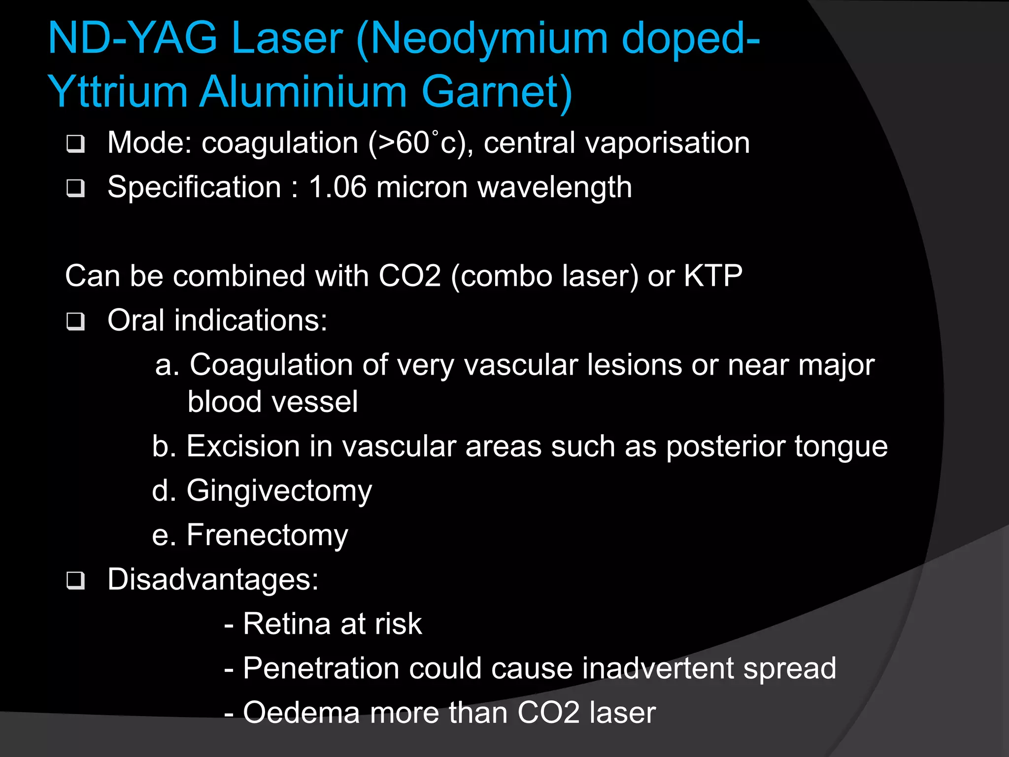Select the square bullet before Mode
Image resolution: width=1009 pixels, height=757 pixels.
[75, 144]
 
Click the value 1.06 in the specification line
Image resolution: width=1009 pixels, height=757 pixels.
[337, 188]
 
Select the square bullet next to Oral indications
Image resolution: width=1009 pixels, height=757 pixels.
[75, 322]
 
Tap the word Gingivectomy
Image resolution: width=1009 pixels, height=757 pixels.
[279, 491]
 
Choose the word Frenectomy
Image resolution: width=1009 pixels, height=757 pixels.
[267, 536]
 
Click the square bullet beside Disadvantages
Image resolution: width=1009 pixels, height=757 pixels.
[75, 581]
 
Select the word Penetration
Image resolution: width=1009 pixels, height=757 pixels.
[321, 669]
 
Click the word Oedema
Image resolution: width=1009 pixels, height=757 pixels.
[301, 713]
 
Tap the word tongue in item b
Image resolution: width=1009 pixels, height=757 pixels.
[841, 447]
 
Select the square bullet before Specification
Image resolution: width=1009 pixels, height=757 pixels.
[75, 188]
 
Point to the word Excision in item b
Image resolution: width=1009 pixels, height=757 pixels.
[243, 447]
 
